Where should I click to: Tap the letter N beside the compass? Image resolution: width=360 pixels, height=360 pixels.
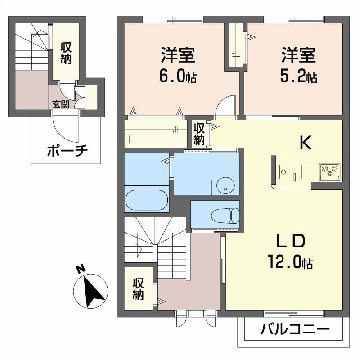pos(81,269)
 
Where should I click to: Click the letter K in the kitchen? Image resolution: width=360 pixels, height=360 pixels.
pos(306,143)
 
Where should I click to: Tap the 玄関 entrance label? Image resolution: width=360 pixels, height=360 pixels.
pos(61,105)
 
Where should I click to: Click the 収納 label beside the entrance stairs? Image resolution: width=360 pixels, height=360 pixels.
pos(66,53)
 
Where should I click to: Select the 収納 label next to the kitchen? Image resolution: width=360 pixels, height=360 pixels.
pos(199,134)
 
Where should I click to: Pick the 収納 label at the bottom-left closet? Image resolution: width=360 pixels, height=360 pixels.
pos(138,289)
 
